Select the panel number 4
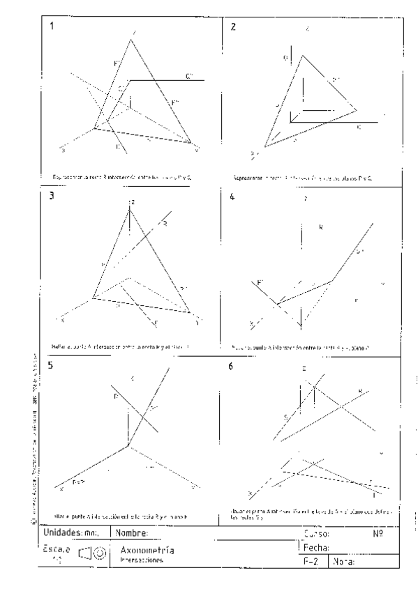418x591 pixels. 233,197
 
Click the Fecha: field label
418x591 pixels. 315,547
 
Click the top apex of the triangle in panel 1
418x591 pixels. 131,39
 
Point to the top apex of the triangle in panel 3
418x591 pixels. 130,208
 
